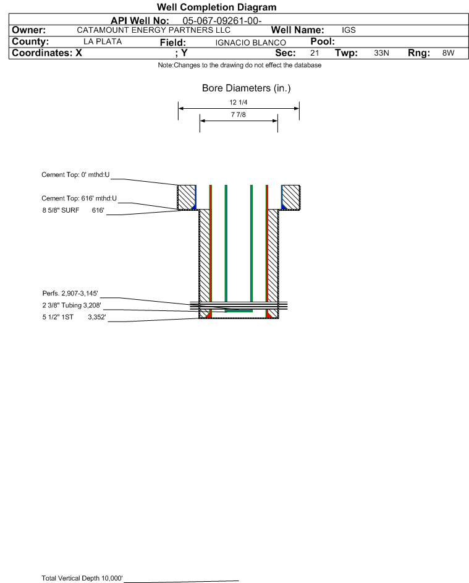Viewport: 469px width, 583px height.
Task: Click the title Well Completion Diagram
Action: [217, 7]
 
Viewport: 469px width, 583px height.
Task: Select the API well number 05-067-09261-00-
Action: [222, 21]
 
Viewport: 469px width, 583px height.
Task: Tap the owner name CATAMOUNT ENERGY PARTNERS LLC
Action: [153, 30]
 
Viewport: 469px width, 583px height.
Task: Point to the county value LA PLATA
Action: [103, 41]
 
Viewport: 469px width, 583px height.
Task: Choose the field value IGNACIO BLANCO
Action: [250, 43]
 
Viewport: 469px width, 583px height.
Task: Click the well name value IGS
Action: [349, 30]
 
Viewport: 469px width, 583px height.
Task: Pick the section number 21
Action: [315, 53]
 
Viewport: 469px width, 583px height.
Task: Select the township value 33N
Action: [381, 53]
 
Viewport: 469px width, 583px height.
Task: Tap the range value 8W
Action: [448, 53]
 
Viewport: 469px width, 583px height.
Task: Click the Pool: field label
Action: [323, 41]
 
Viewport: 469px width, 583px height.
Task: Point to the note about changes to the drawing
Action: [239, 65]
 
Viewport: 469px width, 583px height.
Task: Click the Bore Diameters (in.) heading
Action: [246, 88]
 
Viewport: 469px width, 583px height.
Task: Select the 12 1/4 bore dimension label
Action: [239, 102]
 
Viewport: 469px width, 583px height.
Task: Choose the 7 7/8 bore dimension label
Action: [239, 114]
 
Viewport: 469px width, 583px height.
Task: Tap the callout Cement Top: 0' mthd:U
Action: [75, 175]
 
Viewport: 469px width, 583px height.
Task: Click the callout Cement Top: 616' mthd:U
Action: [79, 198]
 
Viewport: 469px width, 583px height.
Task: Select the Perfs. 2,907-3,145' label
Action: [70, 294]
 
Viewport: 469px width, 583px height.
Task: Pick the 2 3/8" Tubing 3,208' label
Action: [72, 305]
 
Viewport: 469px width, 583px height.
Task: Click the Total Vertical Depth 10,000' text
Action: [82, 578]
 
